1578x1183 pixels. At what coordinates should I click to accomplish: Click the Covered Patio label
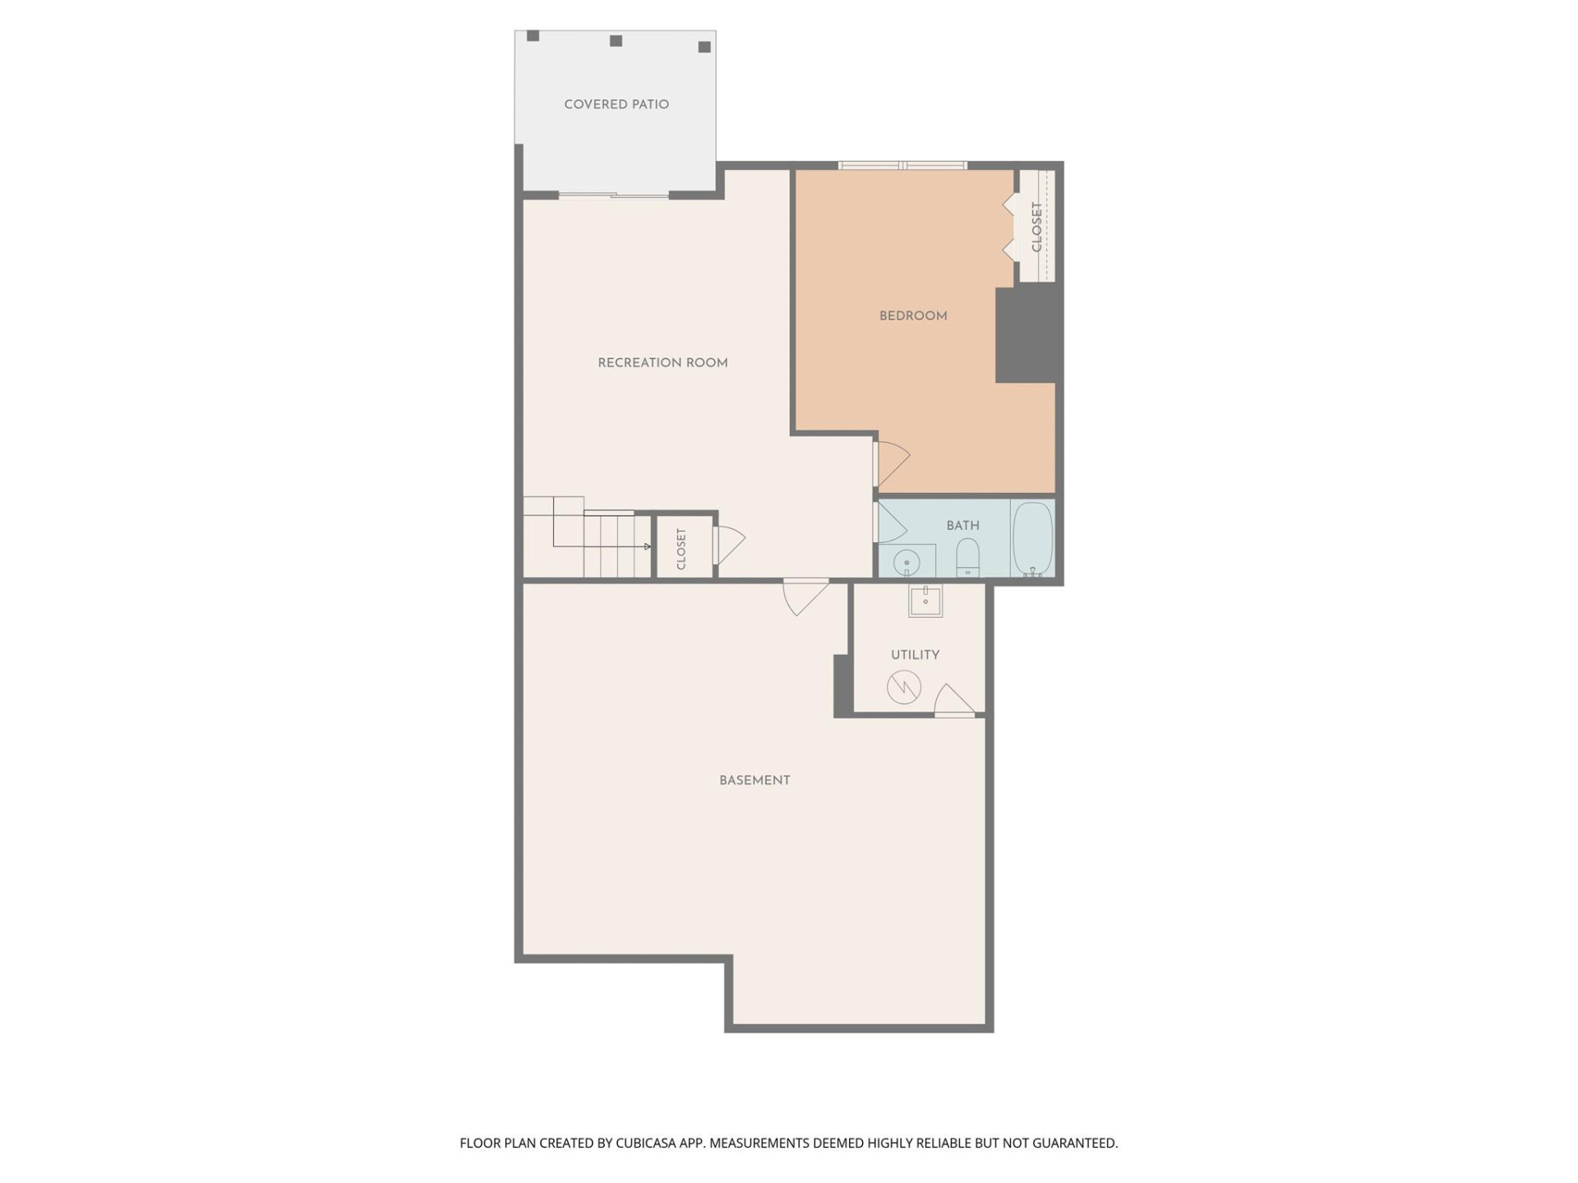coord(616,104)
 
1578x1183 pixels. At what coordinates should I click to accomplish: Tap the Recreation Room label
coord(662,362)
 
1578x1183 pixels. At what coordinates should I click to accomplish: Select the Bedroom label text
coord(913,315)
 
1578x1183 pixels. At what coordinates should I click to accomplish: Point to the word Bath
coord(962,525)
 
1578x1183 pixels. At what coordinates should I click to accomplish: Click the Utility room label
coord(915,655)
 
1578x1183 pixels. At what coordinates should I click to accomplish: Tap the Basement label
coord(754,780)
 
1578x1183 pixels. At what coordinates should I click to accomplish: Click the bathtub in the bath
coord(1032,538)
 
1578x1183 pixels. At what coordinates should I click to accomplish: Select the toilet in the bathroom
coord(967,557)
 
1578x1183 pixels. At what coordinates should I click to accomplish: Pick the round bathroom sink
coord(907,563)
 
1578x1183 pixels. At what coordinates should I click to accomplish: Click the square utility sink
coord(925,601)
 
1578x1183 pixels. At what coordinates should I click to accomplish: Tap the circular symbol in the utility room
coord(903,687)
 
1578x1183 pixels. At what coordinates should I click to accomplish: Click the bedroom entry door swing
coord(893,463)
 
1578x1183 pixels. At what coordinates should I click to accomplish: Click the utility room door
coord(953,700)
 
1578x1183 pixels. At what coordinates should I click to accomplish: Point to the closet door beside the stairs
coord(728,544)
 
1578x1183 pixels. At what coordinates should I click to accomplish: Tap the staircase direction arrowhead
coord(648,546)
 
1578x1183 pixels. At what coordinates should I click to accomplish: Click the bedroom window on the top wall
coord(902,166)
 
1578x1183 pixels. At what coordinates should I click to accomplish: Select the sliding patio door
coord(614,196)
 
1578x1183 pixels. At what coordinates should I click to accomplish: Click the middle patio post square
coord(616,41)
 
